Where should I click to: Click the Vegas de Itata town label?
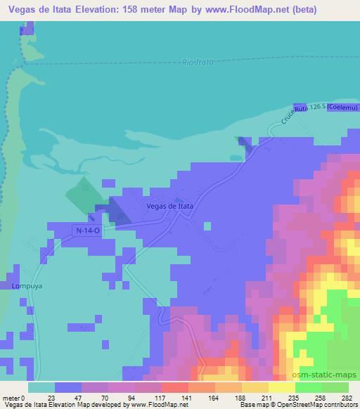[x=169, y=207]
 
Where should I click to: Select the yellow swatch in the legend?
[x=282, y=387]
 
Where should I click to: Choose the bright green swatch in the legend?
[x=309, y=387]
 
